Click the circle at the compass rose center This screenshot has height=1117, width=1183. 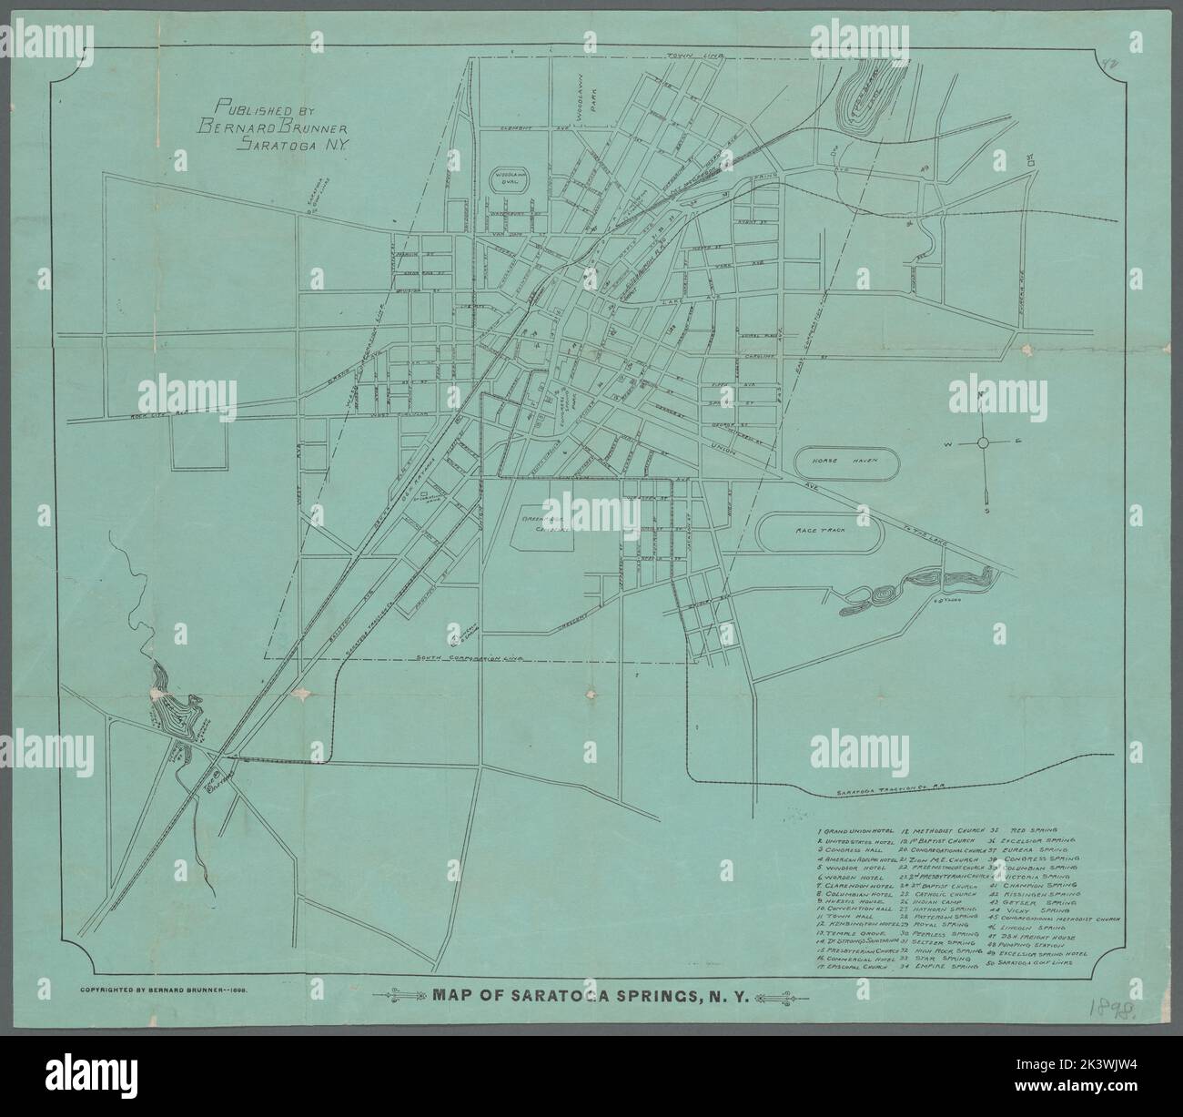point(983,442)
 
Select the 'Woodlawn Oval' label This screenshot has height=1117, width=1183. point(506,177)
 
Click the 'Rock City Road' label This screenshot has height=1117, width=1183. point(150,413)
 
